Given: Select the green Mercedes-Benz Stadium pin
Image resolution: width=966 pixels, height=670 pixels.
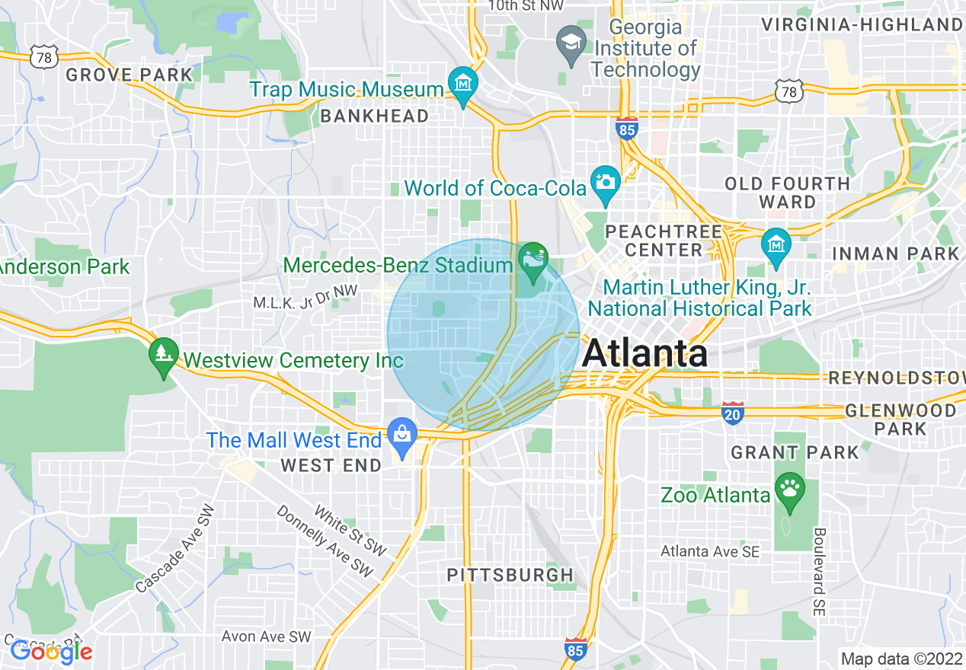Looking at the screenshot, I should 533,260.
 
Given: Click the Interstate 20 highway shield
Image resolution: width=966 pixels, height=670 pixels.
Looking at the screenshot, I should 732,412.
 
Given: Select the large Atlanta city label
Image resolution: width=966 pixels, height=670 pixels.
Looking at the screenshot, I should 645,353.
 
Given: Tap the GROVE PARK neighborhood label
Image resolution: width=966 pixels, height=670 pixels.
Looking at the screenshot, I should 130,75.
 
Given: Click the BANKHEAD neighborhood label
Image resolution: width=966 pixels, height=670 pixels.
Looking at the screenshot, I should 374,116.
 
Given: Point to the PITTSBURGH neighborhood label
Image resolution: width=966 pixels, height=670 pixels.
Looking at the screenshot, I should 510,575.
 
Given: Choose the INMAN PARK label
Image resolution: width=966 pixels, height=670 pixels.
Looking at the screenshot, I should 895,254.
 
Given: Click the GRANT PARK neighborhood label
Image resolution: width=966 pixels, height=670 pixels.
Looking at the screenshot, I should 795,452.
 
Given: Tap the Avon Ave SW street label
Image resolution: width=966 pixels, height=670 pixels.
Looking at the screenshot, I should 267,636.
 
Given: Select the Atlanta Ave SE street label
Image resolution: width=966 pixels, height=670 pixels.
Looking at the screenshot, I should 710,551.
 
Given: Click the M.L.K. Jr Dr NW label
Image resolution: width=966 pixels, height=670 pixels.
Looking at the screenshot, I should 305,302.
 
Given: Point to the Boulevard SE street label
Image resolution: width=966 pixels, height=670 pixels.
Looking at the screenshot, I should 820,572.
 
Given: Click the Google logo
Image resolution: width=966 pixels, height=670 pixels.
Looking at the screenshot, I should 51,651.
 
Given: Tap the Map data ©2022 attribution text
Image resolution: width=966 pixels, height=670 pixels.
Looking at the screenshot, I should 901,658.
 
